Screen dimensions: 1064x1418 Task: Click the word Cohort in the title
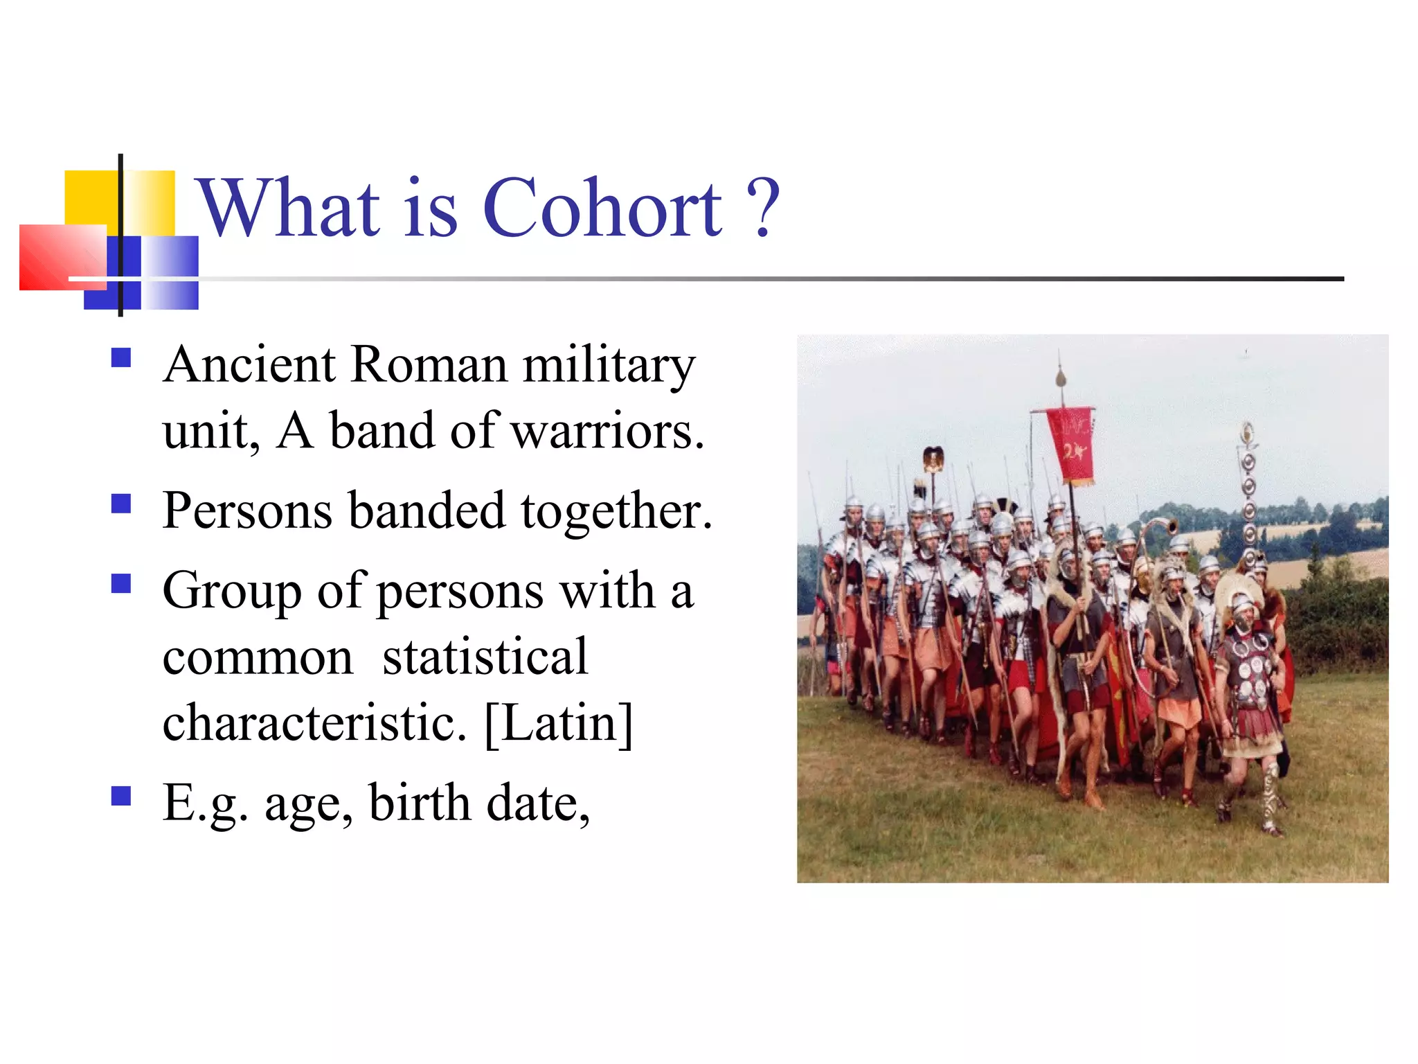pos(602,208)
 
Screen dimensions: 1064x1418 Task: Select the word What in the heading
pos(289,208)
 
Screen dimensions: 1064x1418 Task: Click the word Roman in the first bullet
pos(429,365)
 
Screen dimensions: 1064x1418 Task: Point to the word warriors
pos(607,432)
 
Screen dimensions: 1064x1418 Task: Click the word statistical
pos(485,657)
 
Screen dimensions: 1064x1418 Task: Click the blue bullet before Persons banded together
pos(121,503)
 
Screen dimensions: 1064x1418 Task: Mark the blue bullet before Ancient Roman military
pos(121,357)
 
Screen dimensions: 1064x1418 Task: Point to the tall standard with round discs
pos(1248,499)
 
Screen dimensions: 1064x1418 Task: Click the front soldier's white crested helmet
pos(1236,589)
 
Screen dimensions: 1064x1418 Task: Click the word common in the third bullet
pos(258,657)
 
